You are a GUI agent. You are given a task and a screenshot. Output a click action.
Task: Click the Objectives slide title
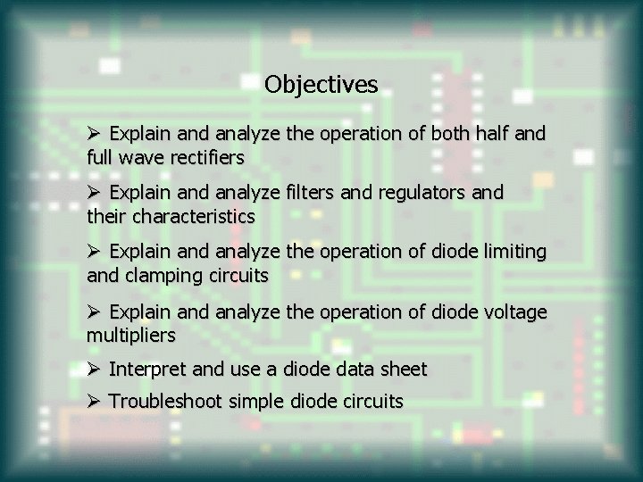click(321, 85)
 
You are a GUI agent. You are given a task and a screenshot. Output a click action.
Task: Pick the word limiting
click(513, 252)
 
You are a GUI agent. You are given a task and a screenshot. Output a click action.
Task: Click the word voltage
click(514, 312)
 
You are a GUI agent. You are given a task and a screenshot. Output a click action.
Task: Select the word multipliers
click(131, 336)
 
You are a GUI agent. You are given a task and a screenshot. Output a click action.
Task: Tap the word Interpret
click(146, 369)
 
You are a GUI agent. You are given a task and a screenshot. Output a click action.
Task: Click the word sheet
click(404, 369)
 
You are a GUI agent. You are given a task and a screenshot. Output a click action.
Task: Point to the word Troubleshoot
click(166, 402)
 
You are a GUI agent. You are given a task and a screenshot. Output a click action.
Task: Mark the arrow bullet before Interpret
click(94, 369)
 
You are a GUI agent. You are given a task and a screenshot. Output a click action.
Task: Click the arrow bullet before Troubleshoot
click(94, 402)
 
